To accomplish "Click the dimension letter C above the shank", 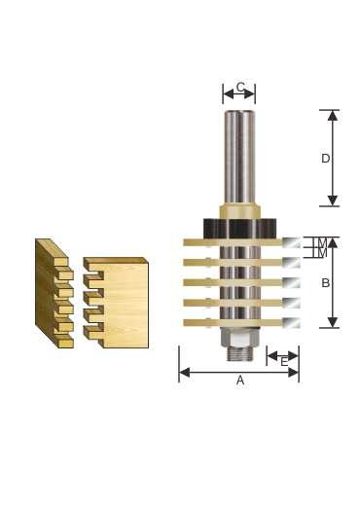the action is coord(240,88).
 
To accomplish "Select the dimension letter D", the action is coord(325,159).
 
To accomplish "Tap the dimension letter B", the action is coord(326,283).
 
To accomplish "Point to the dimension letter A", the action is coord(240,380).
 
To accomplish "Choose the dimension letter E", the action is coord(284,362).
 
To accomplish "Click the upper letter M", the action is coord(322,242).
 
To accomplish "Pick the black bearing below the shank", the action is coord(239,228).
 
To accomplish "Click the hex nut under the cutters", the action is coord(238,337).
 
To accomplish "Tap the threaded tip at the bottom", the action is coord(239,353).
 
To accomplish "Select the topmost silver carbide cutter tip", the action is coord(291,242).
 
